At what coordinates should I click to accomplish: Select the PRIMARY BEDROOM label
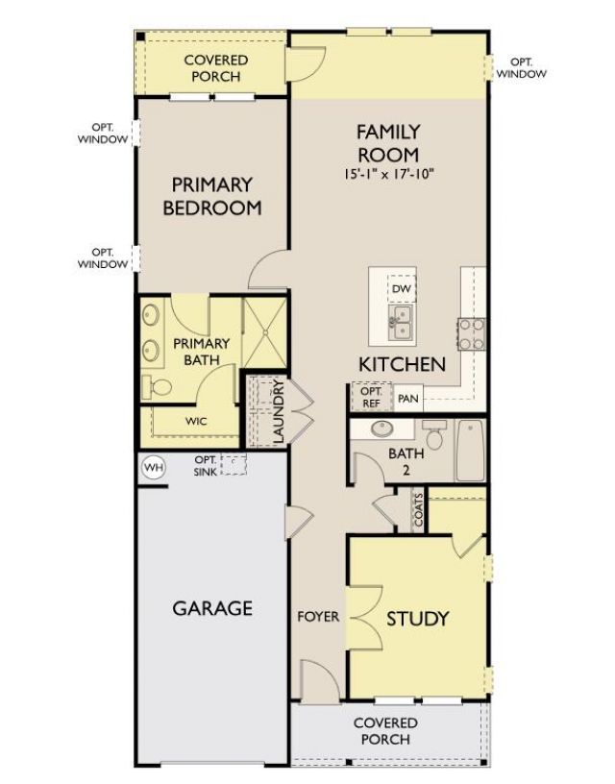212,195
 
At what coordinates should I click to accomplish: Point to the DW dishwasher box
402,288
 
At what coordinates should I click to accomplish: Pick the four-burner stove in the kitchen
472,333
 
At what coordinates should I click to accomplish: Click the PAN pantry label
408,398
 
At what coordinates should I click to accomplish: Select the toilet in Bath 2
433,438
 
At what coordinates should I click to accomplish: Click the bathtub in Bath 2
470,451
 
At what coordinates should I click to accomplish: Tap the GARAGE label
212,607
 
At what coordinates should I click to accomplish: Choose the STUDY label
417,618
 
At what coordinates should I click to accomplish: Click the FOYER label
318,616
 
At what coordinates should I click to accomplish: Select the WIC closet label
196,420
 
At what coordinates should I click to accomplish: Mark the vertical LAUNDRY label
278,412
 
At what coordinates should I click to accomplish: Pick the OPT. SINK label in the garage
206,463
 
